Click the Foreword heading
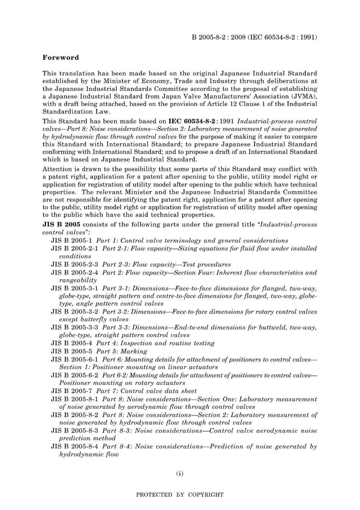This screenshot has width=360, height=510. click(61, 58)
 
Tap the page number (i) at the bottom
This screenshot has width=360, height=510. click(180, 473)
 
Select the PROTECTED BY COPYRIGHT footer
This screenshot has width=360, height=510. click(180, 494)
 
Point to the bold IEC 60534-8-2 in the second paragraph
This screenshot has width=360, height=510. click(193, 121)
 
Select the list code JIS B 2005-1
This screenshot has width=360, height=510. click(72, 240)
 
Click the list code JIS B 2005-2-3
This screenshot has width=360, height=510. click(75, 264)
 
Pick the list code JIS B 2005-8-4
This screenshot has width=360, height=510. click(75, 446)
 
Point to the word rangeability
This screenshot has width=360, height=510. click(78, 280)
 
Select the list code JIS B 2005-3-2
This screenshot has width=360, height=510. click(75, 312)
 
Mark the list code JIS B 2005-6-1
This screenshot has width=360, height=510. click(75, 359)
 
